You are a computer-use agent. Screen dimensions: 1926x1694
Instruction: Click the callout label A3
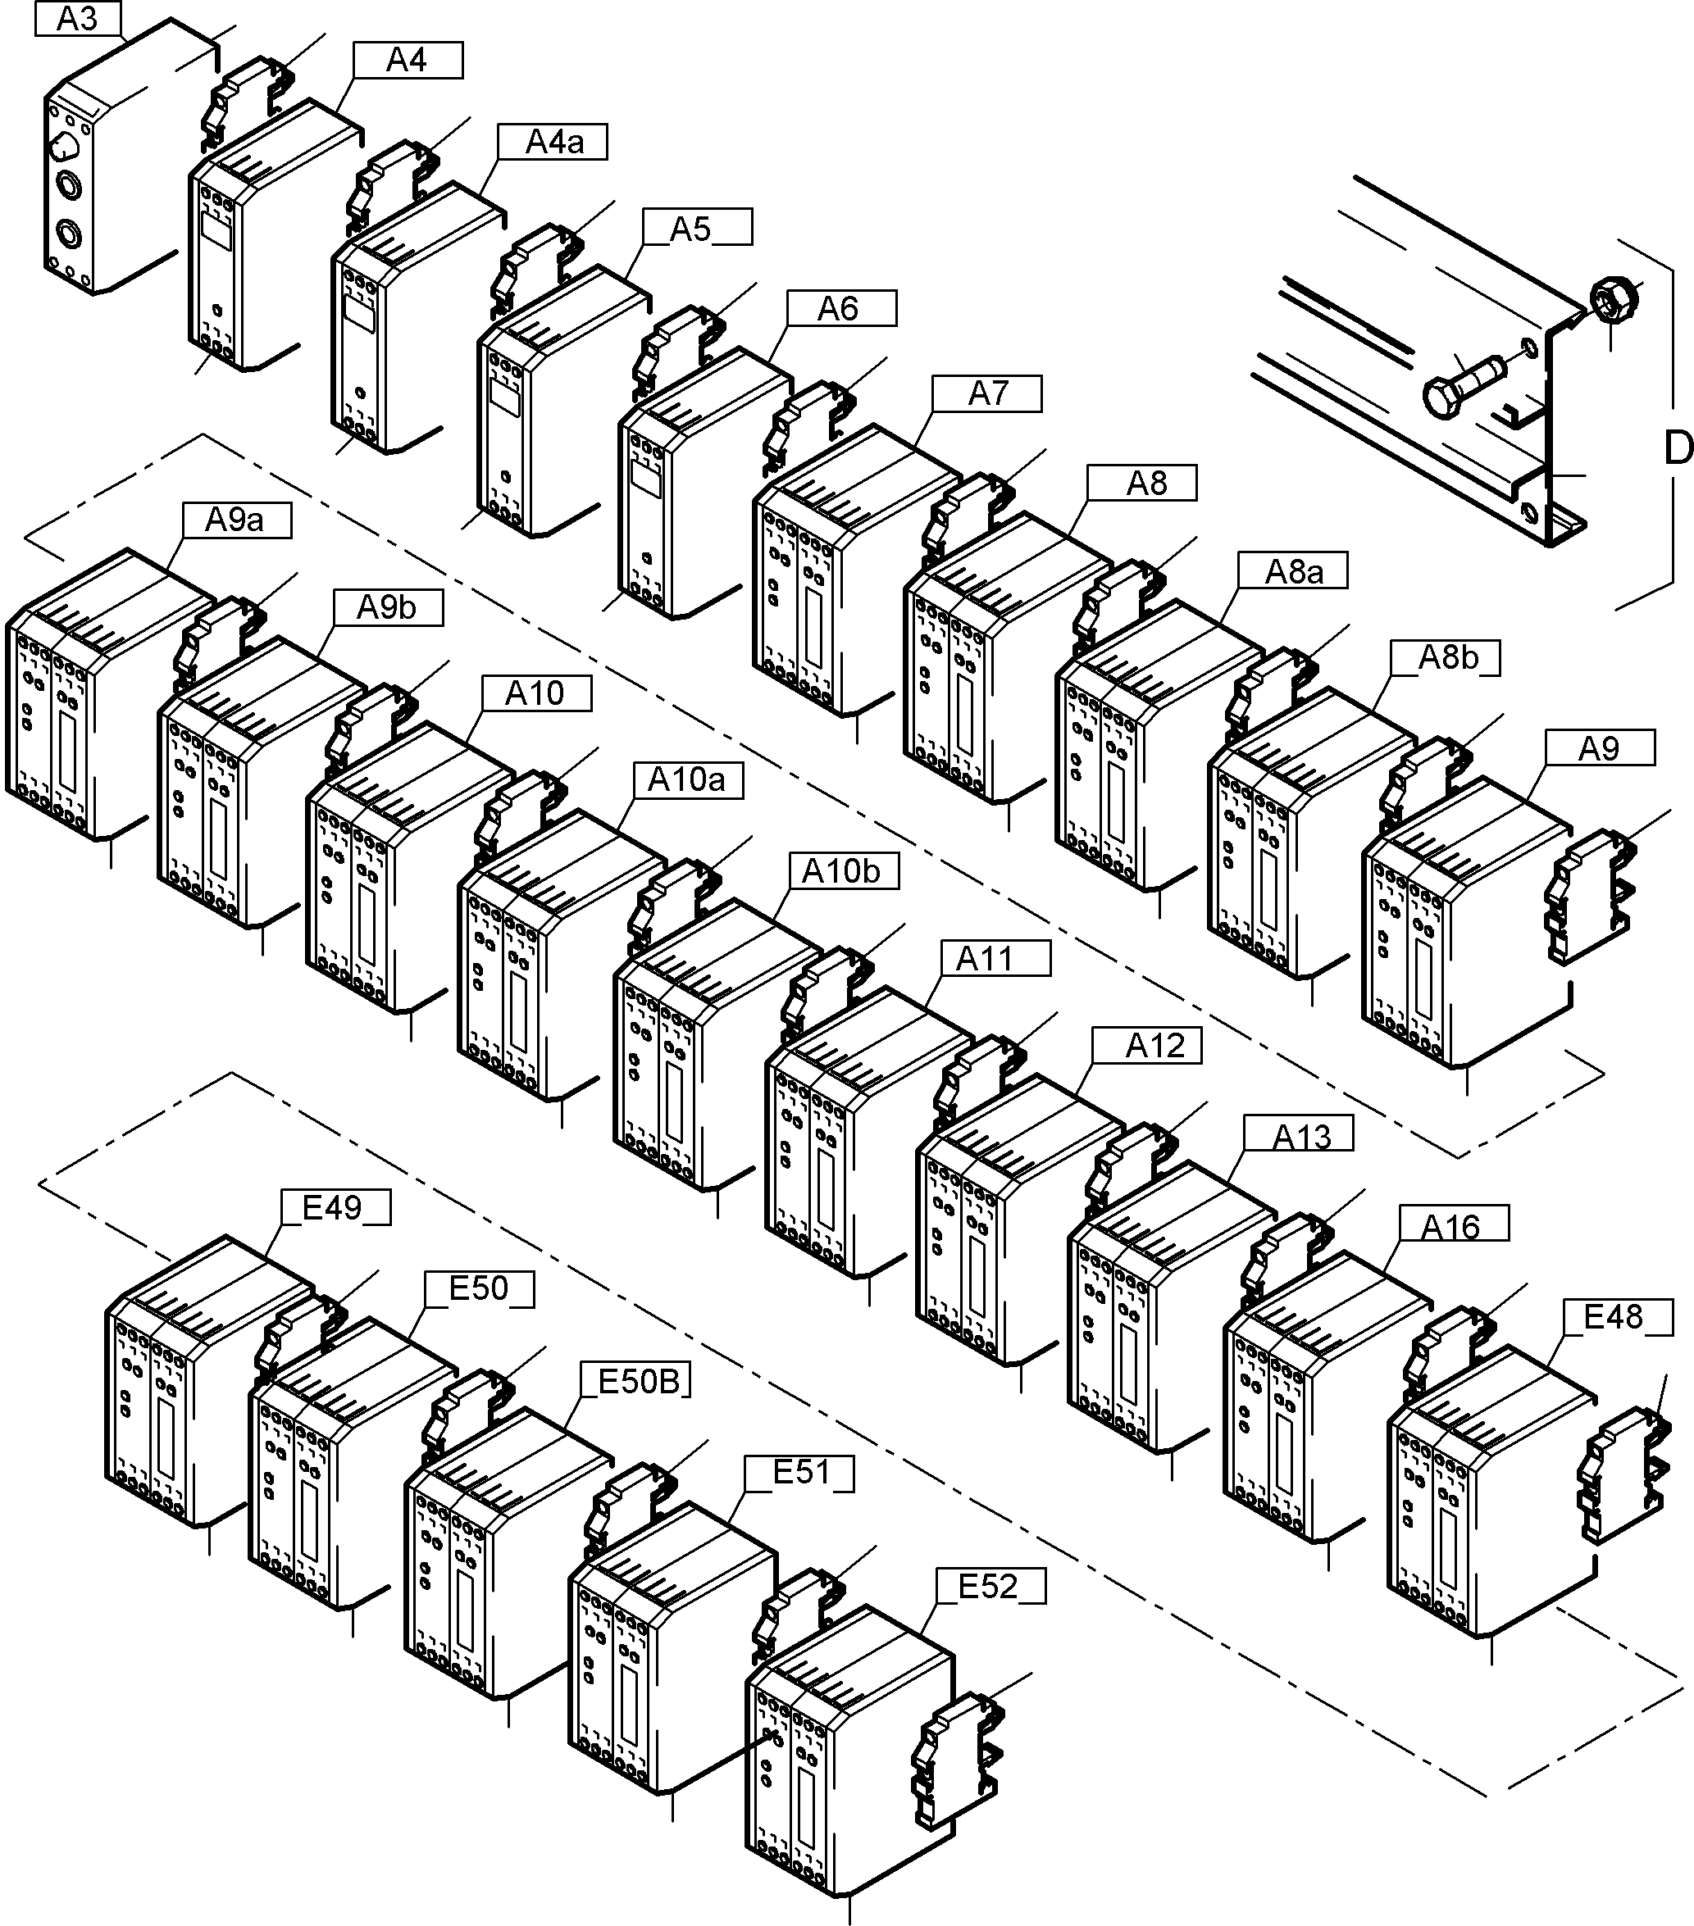click(78, 19)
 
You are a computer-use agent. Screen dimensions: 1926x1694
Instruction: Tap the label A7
click(987, 393)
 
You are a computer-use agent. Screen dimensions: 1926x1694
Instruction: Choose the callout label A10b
click(842, 871)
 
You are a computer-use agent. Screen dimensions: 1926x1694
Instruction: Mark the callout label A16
click(1452, 1228)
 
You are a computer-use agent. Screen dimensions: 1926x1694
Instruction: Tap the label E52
click(990, 1587)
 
